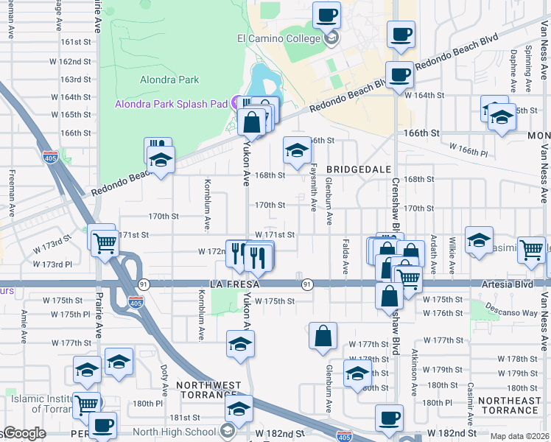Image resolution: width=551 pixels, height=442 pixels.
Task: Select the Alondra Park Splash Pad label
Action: (171, 104)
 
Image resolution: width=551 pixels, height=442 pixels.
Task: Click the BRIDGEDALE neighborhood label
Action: (359, 169)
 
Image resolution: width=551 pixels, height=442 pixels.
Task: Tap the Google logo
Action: (24, 434)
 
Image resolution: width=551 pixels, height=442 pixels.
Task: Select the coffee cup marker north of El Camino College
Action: (327, 15)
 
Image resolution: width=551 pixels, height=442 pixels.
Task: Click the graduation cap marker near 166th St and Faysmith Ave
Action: (296, 152)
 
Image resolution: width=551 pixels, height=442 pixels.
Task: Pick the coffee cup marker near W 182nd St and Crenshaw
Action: (389, 418)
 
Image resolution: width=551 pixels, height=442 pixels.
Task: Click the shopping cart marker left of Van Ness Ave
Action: (531, 250)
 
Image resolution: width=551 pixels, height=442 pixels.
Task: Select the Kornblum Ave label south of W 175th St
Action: (200, 315)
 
